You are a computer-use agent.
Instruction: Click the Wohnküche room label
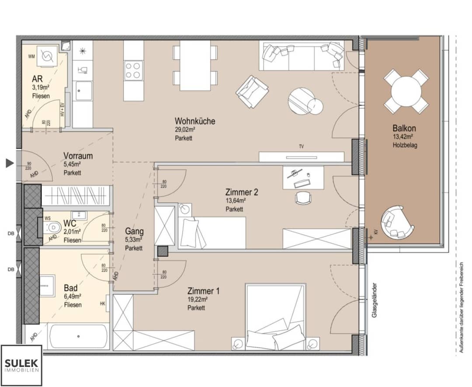(195, 121)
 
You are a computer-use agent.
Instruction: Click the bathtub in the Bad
(79, 336)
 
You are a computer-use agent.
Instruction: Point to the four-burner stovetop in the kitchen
(134, 70)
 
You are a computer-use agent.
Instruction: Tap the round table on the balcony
(406, 91)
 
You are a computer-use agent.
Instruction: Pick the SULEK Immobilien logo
(21, 365)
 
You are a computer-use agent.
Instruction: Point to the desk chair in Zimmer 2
(304, 198)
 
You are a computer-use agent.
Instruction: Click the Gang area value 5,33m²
(133, 240)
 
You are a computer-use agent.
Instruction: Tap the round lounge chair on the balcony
(396, 221)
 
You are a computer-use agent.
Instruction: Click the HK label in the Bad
(103, 304)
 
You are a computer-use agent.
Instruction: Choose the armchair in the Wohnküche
(252, 91)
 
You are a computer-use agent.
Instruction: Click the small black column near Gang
(163, 251)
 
